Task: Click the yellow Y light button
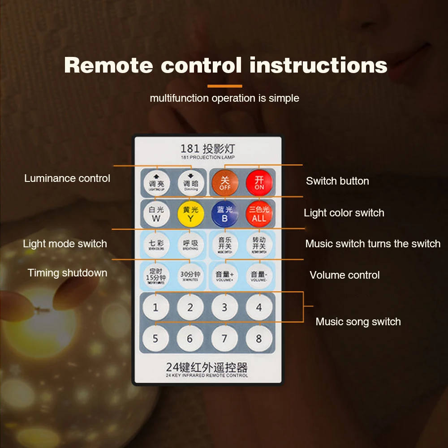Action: [x=190, y=214]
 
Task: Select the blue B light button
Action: [x=224, y=214]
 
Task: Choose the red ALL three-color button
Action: [x=259, y=214]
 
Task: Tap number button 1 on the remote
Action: [x=155, y=308]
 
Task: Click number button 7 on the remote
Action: [x=224, y=339]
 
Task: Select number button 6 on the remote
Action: [x=190, y=339]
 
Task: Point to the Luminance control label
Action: [x=67, y=178]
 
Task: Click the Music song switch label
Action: [x=358, y=322]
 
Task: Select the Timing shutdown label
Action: [x=67, y=273]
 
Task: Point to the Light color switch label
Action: [x=344, y=213]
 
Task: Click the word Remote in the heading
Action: [x=108, y=65]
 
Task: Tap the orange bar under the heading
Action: [x=224, y=86]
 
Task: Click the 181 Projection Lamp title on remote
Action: [x=207, y=151]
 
